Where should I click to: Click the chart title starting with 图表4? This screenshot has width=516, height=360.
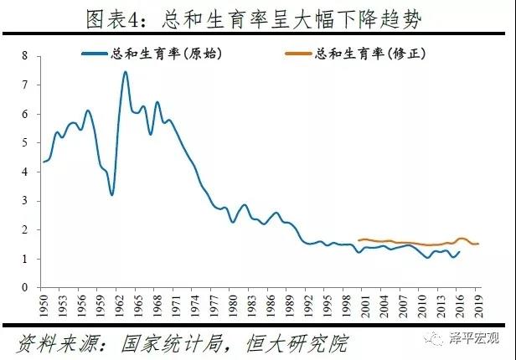tap(258, 19)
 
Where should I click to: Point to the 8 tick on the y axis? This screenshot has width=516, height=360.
tap(25, 56)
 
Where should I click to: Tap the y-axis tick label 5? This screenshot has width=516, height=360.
tap(25, 143)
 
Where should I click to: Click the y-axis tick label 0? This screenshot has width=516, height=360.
tap(25, 287)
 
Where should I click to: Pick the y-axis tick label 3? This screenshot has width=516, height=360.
tap(25, 201)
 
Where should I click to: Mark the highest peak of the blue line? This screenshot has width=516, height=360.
tap(125, 72)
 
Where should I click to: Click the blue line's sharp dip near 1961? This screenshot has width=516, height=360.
tap(111, 194)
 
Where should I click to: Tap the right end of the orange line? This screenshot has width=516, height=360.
tap(477, 244)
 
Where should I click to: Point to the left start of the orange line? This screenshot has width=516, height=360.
tap(359, 240)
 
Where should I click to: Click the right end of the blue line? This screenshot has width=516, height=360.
tap(460, 251)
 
